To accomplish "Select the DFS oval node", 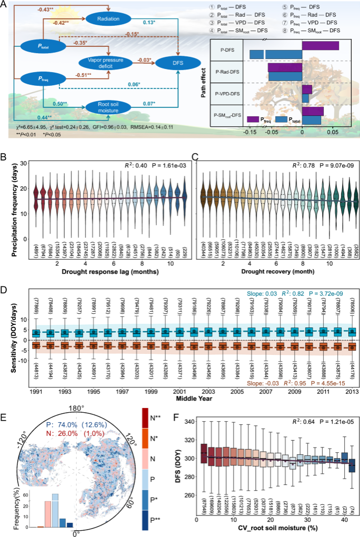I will [169, 63].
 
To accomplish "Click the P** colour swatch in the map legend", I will [153, 516].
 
